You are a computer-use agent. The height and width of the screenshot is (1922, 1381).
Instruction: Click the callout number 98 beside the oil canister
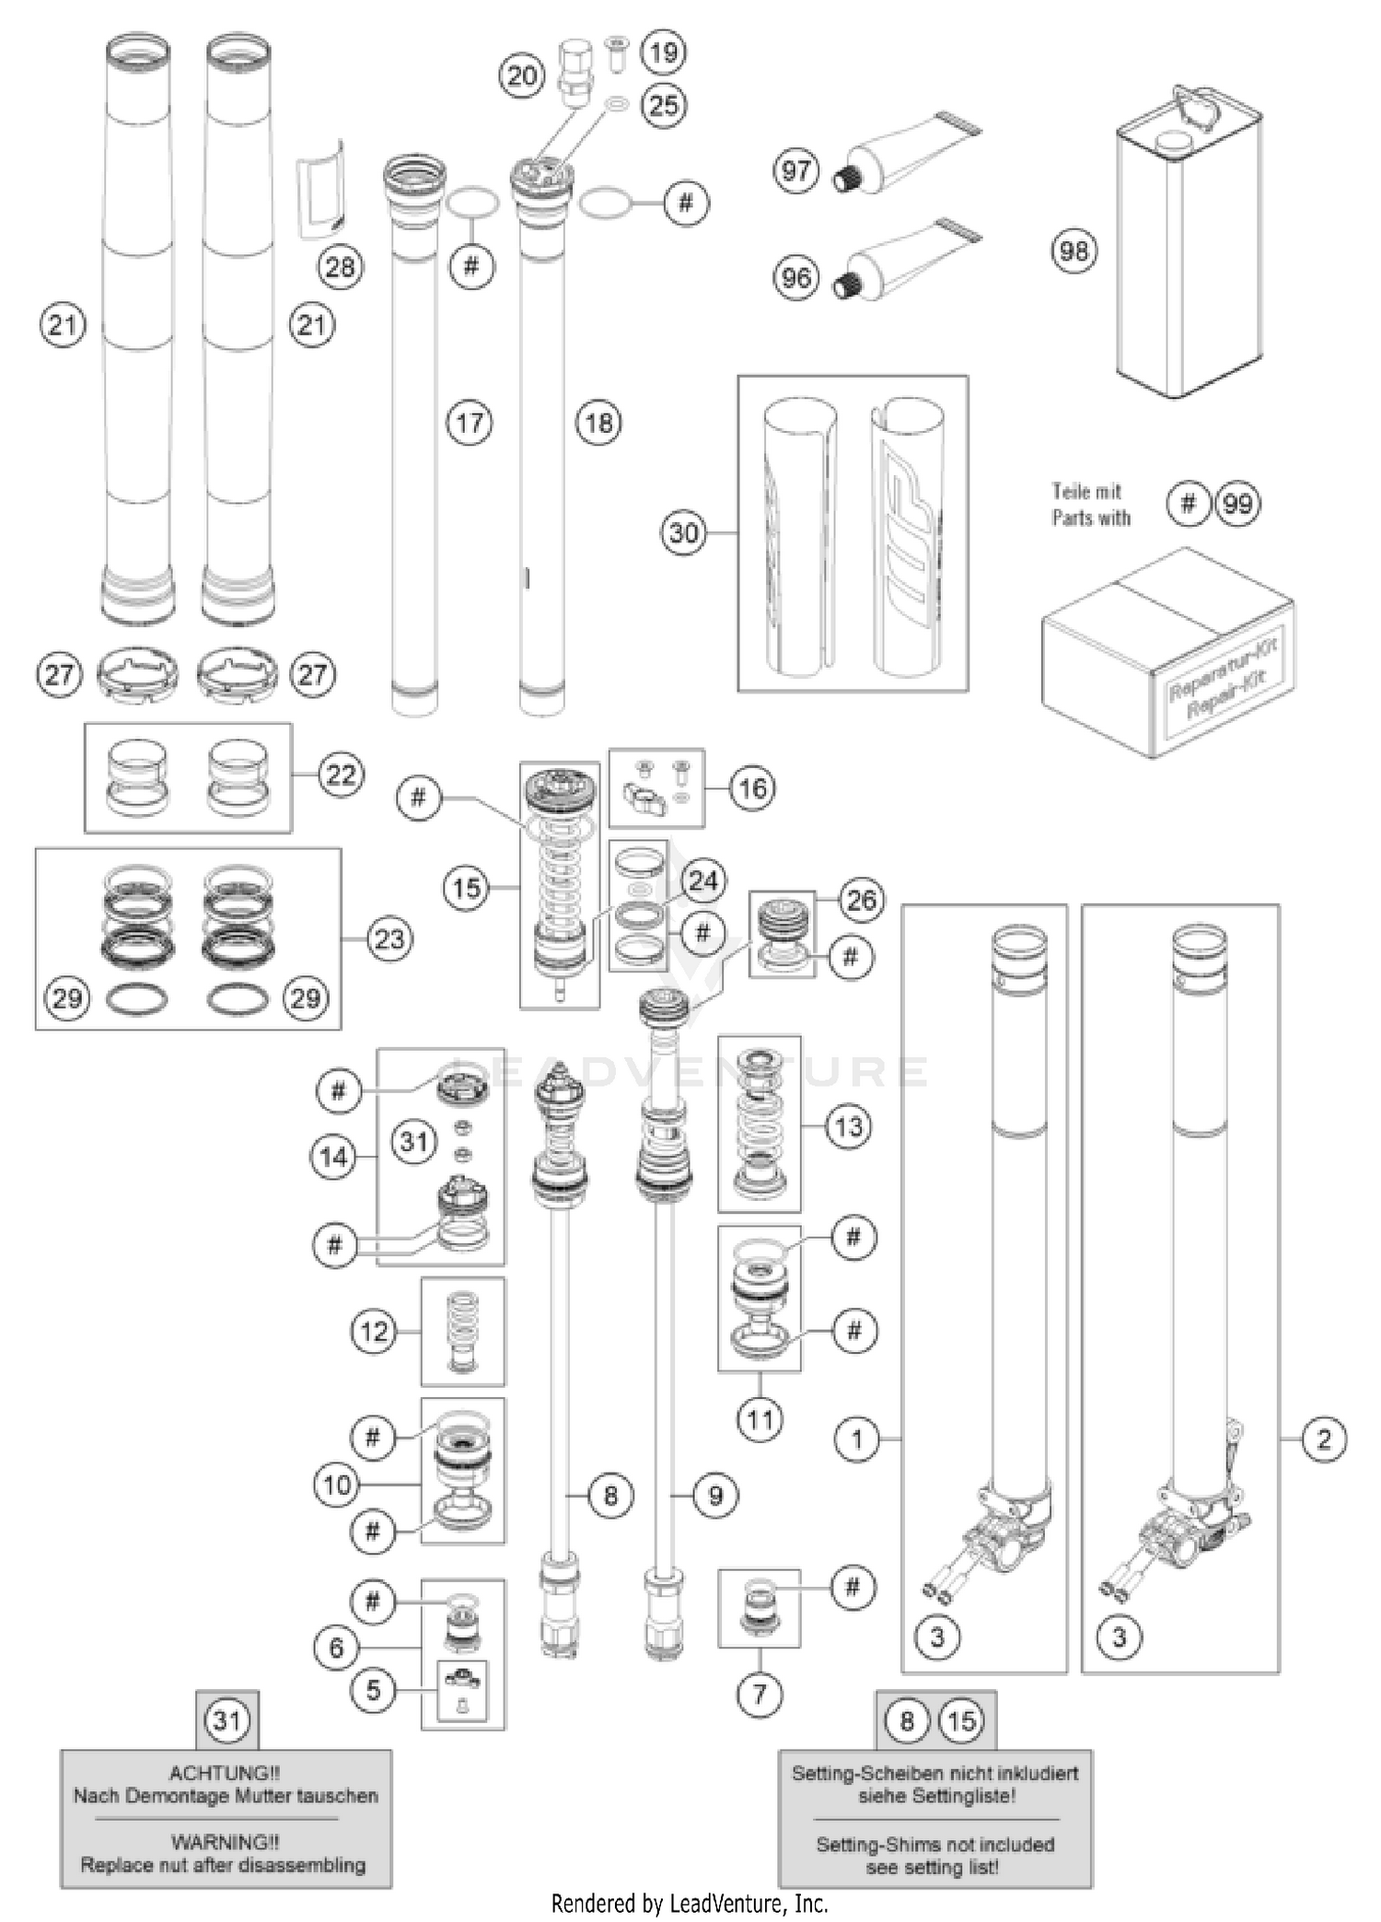tap(1073, 251)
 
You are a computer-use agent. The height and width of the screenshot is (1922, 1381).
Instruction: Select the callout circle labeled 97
tap(795, 170)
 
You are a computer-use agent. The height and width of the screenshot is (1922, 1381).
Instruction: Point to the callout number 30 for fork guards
tap(683, 532)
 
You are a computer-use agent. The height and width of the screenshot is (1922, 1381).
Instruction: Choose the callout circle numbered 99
tap(1237, 504)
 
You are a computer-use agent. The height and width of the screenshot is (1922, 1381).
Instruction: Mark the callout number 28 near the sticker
tap(340, 267)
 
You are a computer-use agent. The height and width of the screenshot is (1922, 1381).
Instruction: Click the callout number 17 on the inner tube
tap(470, 424)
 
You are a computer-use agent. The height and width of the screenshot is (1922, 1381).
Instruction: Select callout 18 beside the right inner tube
tap(598, 424)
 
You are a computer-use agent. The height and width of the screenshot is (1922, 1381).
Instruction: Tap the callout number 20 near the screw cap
tap(522, 75)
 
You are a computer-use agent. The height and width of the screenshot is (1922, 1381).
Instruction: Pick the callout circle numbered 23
tap(389, 938)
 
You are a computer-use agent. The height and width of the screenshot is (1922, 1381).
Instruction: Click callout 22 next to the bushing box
tap(341, 775)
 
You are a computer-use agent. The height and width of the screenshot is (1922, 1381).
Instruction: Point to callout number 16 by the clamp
tap(752, 788)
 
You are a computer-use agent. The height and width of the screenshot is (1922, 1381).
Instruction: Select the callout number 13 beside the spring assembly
tap(848, 1126)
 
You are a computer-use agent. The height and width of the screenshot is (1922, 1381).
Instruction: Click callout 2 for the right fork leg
tap(1324, 1439)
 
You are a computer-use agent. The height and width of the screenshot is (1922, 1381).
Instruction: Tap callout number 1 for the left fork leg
tap(857, 1439)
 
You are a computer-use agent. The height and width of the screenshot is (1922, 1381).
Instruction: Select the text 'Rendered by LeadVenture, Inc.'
tap(690, 1903)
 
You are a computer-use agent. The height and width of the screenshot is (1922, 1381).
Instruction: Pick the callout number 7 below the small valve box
tap(760, 1693)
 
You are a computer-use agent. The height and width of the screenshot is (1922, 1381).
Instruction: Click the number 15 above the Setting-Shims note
tap(961, 1720)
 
